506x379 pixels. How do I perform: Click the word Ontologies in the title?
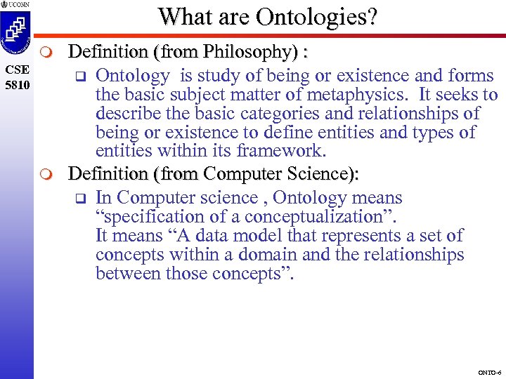[317, 17]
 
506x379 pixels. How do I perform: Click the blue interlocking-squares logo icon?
[17, 32]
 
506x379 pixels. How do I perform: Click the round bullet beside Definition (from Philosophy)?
[47, 53]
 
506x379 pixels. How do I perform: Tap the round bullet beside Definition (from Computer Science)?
[47, 173]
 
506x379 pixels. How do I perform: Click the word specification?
[149, 217]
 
